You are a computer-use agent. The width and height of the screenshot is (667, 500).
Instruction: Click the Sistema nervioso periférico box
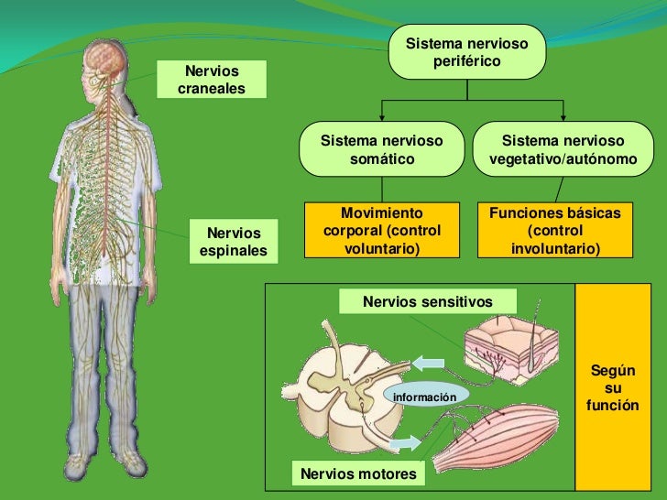(x=467, y=52)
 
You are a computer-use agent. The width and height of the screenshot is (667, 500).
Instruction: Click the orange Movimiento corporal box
(x=382, y=229)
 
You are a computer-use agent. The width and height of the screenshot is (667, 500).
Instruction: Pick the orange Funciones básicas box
(x=555, y=229)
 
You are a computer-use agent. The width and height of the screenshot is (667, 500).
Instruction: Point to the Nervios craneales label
(x=212, y=80)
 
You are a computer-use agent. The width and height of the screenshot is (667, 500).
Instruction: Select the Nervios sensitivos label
(x=427, y=301)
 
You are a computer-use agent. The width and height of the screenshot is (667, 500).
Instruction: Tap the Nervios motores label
(x=358, y=473)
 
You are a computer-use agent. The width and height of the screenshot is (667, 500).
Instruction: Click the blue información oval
(x=424, y=397)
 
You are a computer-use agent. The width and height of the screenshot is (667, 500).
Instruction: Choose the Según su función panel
(x=613, y=387)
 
